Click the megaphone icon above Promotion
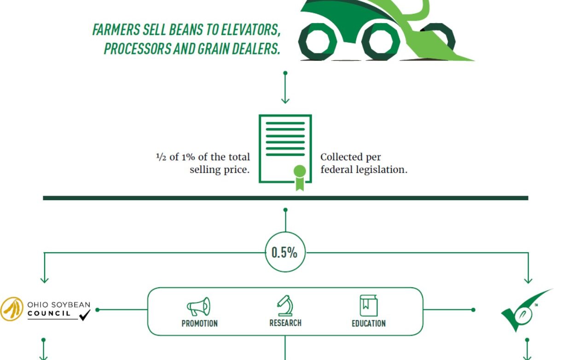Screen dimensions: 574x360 point(198,307)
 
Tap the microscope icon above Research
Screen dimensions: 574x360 point(285,306)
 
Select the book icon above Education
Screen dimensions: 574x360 point(369,306)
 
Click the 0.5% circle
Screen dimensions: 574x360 point(285,252)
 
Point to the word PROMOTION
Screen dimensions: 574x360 point(200,324)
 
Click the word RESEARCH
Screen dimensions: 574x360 point(285,323)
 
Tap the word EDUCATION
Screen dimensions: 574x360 point(369,324)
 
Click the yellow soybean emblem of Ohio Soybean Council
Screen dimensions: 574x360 point(12,309)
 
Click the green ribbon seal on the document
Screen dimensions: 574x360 point(300,177)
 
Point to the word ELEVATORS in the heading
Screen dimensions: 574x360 point(250,30)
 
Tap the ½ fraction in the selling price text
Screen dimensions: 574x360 point(161,157)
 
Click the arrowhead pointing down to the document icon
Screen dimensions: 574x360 point(285,100)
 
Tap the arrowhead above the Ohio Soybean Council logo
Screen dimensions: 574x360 point(44,280)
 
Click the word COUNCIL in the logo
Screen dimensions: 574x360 point(49,314)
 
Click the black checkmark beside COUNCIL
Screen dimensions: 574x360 point(85,315)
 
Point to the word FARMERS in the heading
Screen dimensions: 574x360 point(116,30)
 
